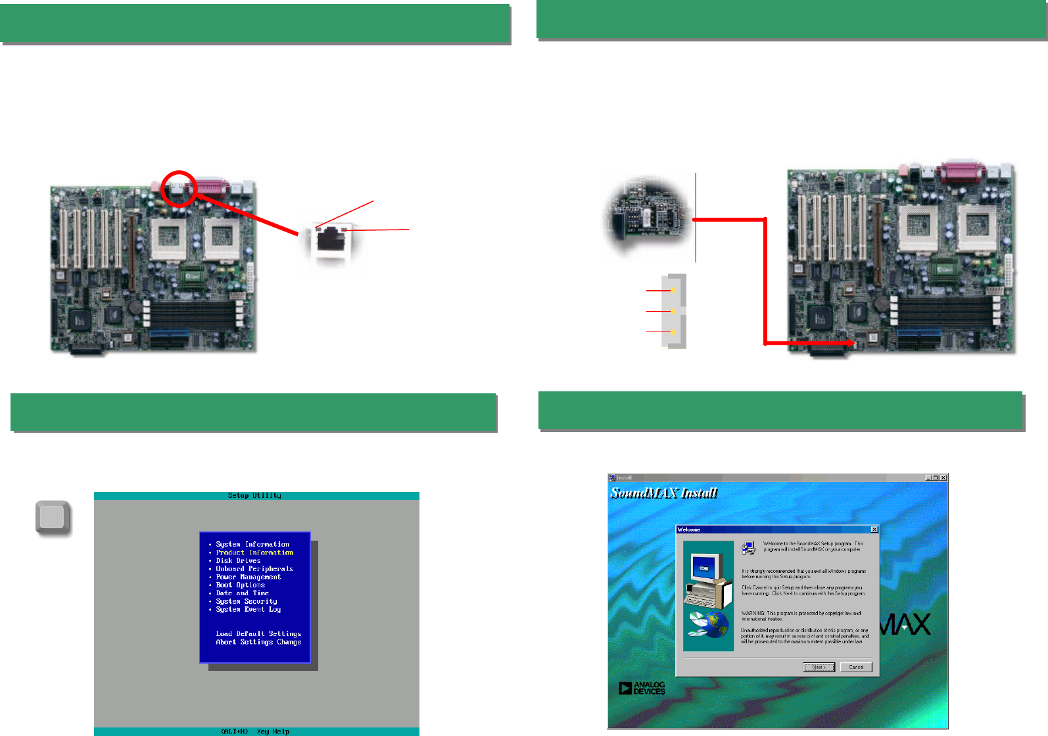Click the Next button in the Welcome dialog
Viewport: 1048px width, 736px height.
click(819, 667)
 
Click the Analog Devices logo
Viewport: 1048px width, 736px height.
click(642, 688)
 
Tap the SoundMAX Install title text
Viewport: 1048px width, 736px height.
click(664, 493)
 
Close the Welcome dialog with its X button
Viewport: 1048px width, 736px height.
click(874, 529)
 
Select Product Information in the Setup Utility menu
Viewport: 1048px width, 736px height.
click(254, 552)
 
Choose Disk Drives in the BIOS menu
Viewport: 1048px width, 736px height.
click(238, 561)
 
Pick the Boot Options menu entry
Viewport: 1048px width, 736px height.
click(240, 585)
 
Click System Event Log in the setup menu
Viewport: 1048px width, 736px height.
click(248, 610)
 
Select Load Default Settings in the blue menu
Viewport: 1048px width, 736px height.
click(258, 634)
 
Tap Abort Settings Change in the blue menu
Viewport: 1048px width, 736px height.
click(258, 642)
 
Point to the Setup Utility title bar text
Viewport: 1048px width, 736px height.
click(254, 496)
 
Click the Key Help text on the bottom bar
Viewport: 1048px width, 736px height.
click(273, 731)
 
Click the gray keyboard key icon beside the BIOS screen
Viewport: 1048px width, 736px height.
click(53, 518)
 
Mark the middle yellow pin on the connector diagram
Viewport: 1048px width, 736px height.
click(673, 311)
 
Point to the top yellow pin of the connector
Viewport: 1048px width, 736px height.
click(673, 290)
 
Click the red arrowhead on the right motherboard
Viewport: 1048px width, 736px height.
click(851, 343)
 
